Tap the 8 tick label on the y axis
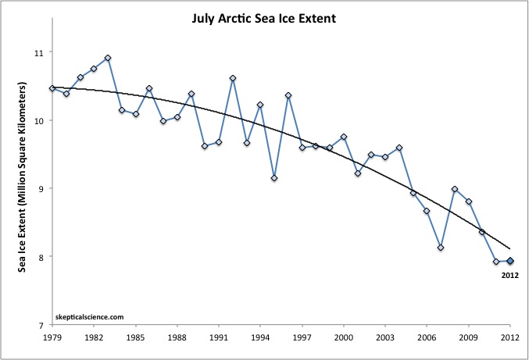pyautogui.click(x=40, y=257)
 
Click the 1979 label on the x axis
pyautogui.click(x=52, y=338)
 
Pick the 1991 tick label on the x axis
pyautogui.click(x=218, y=338)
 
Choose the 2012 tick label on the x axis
pyautogui.click(x=509, y=338)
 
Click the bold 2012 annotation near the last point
pyautogui.click(x=509, y=275)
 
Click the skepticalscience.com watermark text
pyautogui.click(x=91, y=317)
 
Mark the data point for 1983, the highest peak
pyautogui.click(x=108, y=58)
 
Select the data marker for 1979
pyautogui.click(x=52, y=88)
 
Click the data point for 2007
pyautogui.click(x=441, y=248)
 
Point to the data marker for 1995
pyautogui.click(x=274, y=178)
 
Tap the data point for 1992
pyautogui.click(x=233, y=78)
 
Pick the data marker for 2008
pyautogui.click(x=455, y=189)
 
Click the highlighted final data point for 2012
pyautogui.click(x=509, y=261)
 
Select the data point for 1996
pyautogui.click(x=288, y=95)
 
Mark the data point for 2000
pyautogui.click(x=344, y=137)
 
